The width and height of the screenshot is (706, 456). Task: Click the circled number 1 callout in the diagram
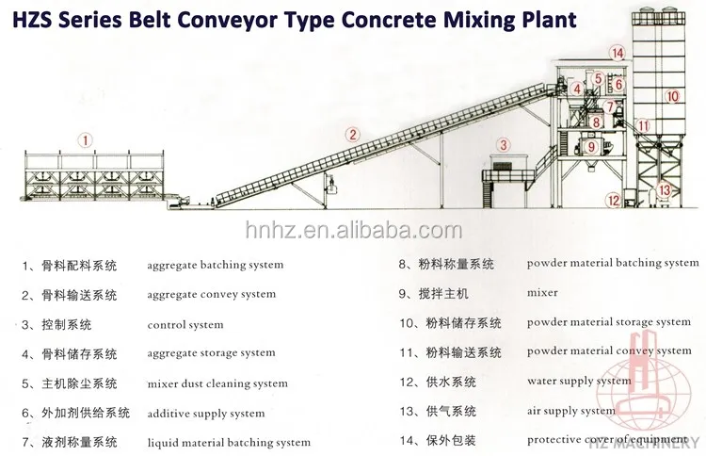[86, 140]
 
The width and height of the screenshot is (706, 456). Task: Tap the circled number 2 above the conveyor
[352, 135]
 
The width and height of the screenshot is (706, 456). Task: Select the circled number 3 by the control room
[504, 144]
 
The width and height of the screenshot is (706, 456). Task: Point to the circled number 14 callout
[617, 53]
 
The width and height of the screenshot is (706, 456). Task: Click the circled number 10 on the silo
[672, 96]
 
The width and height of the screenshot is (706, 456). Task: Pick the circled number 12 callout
[614, 199]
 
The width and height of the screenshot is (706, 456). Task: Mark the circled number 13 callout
[666, 189]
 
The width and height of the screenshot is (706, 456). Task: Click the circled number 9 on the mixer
[593, 147]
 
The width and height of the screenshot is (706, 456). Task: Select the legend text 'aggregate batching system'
[215, 266]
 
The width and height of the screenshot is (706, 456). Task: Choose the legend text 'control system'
[185, 325]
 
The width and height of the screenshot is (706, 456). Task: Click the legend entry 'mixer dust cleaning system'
[217, 383]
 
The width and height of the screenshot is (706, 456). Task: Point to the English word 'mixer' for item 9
[542, 293]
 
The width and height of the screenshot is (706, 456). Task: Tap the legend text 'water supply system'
[579, 382]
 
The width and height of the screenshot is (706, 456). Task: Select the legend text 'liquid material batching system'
[229, 443]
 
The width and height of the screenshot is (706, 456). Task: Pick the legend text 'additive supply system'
[206, 414]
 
